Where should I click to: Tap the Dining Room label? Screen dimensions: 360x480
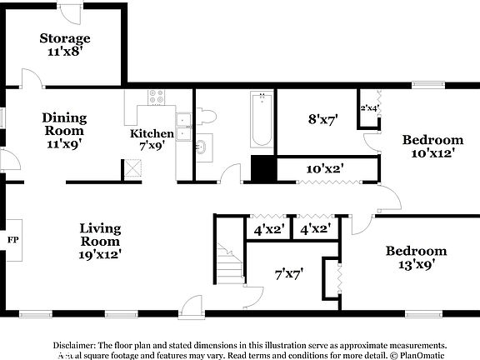coord(64,130)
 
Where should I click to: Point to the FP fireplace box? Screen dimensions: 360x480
coord(12,240)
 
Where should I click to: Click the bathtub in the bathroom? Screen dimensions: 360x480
coord(261,120)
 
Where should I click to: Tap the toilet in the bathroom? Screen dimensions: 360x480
coord(205,116)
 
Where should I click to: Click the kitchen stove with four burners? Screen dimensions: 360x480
coord(155,96)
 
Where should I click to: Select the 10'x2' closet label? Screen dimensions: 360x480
coord(325,168)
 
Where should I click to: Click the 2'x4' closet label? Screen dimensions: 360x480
coord(368,107)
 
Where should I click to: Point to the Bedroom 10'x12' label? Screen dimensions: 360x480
coord(432,146)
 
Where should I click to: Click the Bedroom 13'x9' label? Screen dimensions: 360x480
coord(416,257)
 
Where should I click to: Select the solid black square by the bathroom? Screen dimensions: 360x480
coord(263,169)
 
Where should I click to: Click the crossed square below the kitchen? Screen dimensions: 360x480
coord(132,169)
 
